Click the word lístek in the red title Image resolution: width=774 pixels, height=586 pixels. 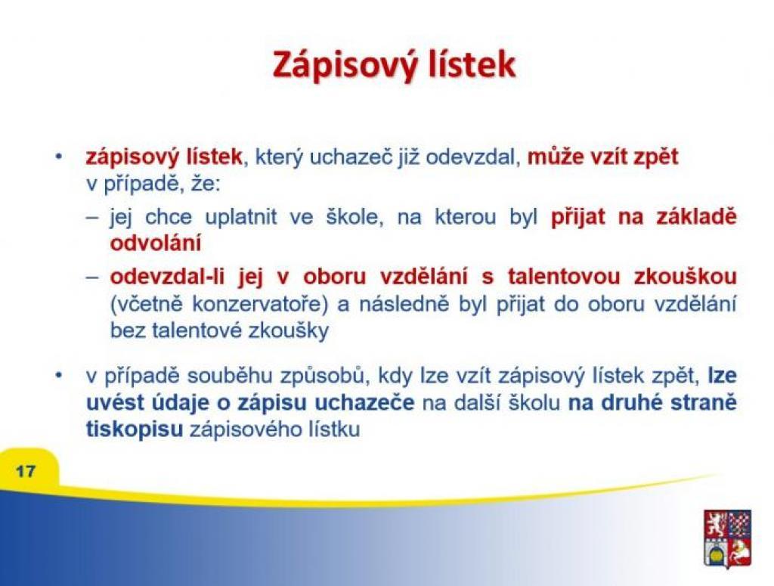(x=472, y=64)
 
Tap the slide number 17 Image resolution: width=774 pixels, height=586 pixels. (x=26, y=471)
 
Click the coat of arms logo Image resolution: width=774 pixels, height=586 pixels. (x=727, y=538)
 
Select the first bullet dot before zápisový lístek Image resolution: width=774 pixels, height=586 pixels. (x=59, y=157)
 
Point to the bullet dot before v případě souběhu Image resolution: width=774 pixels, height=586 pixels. (x=59, y=377)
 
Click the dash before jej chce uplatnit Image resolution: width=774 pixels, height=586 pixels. (x=92, y=218)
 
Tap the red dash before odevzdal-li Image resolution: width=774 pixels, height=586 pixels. (x=92, y=277)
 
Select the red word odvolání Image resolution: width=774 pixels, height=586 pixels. (x=156, y=243)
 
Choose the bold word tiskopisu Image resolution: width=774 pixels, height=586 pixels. (x=135, y=429)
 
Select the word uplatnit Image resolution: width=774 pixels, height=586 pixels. (x=240, y=217)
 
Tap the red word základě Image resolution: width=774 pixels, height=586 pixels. (x=696, y=217)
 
